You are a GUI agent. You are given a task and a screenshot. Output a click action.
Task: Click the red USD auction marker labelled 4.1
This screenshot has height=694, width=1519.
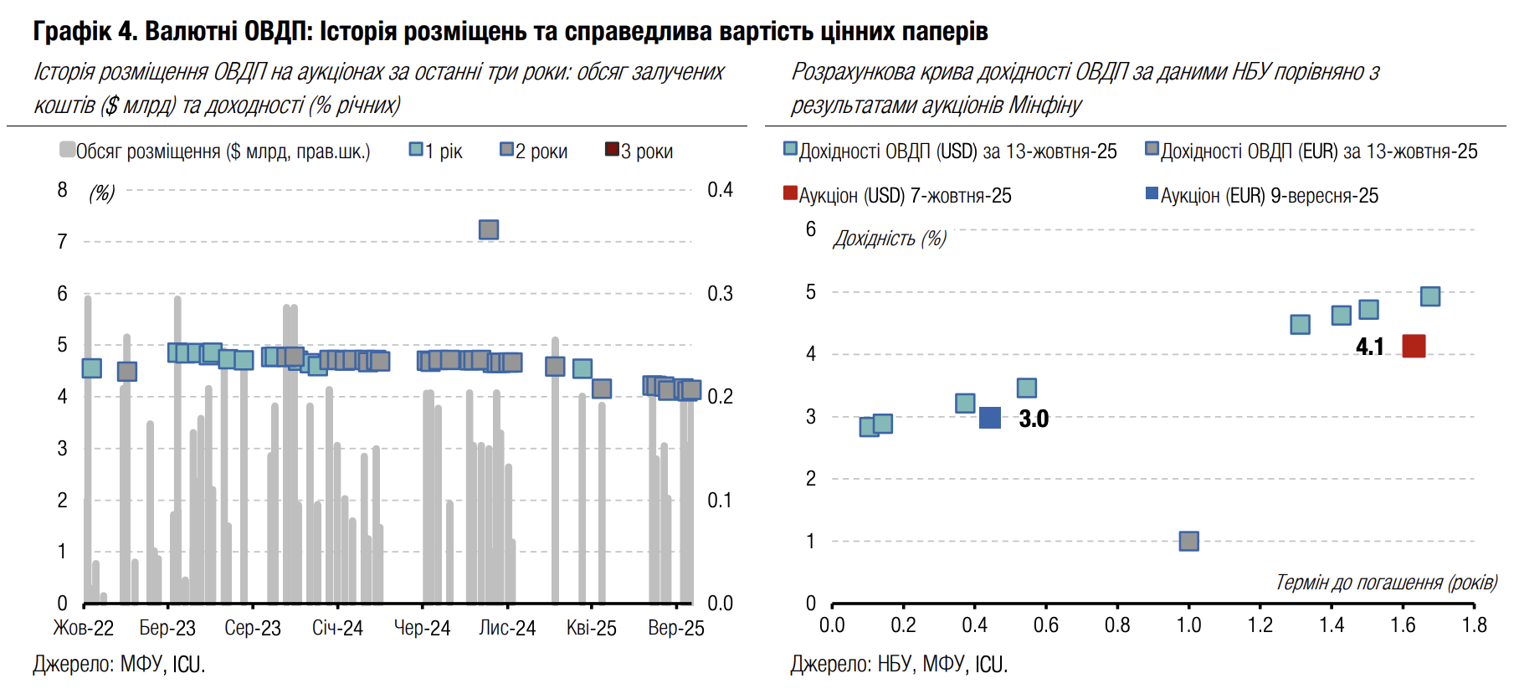coord(1414,346)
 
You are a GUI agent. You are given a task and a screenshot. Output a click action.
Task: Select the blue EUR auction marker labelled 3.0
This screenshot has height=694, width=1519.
coord(990,418)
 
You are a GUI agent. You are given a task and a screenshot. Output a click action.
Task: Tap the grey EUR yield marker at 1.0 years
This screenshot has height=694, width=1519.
coord(1188,541)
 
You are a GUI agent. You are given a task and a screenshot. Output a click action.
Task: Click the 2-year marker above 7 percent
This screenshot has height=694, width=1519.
coord(489,229)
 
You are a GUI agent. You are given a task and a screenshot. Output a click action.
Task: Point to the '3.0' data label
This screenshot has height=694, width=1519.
coord(1034,419)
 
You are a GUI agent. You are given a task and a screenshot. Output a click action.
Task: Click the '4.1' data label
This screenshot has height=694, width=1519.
coord(1370,347)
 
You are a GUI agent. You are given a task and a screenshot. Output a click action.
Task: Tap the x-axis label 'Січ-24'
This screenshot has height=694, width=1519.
coord(337,628)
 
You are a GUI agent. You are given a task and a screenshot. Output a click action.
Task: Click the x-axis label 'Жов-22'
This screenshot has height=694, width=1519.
coord(84,628)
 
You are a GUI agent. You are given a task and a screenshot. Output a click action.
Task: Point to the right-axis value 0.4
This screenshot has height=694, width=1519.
coord(720,190)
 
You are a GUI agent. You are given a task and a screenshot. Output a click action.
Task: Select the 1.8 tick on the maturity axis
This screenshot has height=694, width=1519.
coord(1474,625)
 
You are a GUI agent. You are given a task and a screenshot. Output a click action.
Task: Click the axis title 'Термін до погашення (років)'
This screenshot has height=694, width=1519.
coord(1386,583)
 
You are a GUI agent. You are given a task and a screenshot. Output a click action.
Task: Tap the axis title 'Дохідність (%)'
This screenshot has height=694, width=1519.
coord(890,239)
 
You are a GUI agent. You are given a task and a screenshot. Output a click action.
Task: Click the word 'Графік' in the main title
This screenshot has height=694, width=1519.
coord(72,31)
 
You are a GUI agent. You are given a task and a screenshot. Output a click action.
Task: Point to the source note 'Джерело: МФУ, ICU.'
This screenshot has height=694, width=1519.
coord(119,665)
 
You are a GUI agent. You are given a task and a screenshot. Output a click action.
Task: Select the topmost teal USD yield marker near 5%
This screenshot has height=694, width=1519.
coord(1430,296)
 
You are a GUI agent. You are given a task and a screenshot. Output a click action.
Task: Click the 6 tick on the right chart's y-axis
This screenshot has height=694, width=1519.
coord(810,229)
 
